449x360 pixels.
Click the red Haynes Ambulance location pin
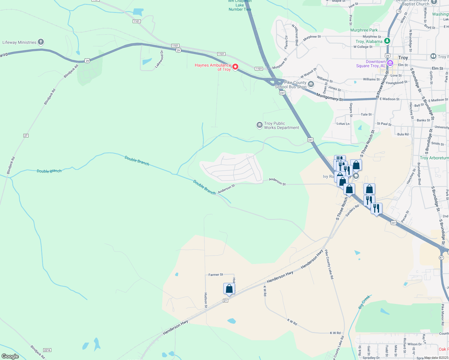(x=236, y=67)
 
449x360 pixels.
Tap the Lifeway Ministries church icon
(x=41, y=42)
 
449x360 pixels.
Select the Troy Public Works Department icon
(x=259, y=125)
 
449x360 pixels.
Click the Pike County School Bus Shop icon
(x=311, y=84)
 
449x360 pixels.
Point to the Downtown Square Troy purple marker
(x=390, y=63)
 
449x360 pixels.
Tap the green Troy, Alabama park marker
(x=387, y=41)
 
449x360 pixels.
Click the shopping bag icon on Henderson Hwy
(x=229, y=289)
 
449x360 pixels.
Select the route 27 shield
(x=26, y=136)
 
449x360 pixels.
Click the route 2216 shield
(x=47, y=350)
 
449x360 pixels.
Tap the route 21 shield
(x=226, y=300)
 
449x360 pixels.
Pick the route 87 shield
(x=441, y=258)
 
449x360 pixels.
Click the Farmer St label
(x=216, y=274)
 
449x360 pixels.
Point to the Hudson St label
(x=206, y=300)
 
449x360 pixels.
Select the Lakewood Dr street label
(x=159, y=59)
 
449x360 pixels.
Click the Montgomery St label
(x=329, y=97)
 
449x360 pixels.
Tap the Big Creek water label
(x=364, y=302)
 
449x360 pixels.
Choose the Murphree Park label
(x=364, y=30)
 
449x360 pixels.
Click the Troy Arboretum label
(x=434, y=158)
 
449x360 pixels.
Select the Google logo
(x=10, y=356)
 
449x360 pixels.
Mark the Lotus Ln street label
(x=343, y=124)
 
